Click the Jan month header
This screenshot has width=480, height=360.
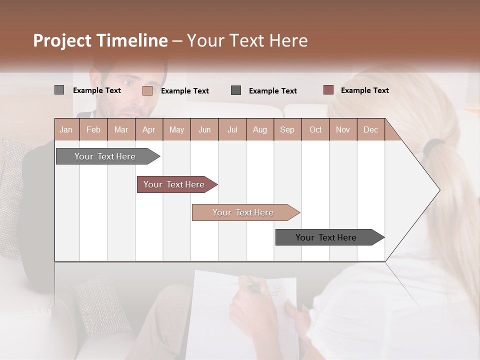(66, 129)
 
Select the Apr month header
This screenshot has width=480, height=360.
(149, 129)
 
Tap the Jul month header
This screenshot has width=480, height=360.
(232, 129)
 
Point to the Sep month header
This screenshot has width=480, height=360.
(287, 129)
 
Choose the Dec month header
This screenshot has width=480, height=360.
(370, 129)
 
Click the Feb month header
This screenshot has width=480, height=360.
(93, 129)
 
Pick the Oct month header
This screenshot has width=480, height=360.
(315, 129)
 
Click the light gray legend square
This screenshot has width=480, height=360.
(59, 90)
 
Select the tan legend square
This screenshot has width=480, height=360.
(147, 90)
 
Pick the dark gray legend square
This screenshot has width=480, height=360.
(236, 90)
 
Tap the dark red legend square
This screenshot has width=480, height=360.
(328, 90)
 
